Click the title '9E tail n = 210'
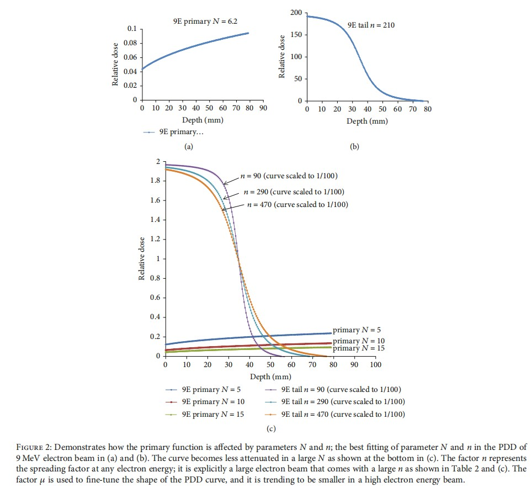point(371,25)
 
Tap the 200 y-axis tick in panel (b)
point(296,13)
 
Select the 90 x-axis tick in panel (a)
point(263,108)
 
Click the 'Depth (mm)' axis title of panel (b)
point(367,121)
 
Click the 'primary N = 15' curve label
point(358,348)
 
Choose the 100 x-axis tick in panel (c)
point(375,365)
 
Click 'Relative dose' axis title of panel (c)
point(142,258)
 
